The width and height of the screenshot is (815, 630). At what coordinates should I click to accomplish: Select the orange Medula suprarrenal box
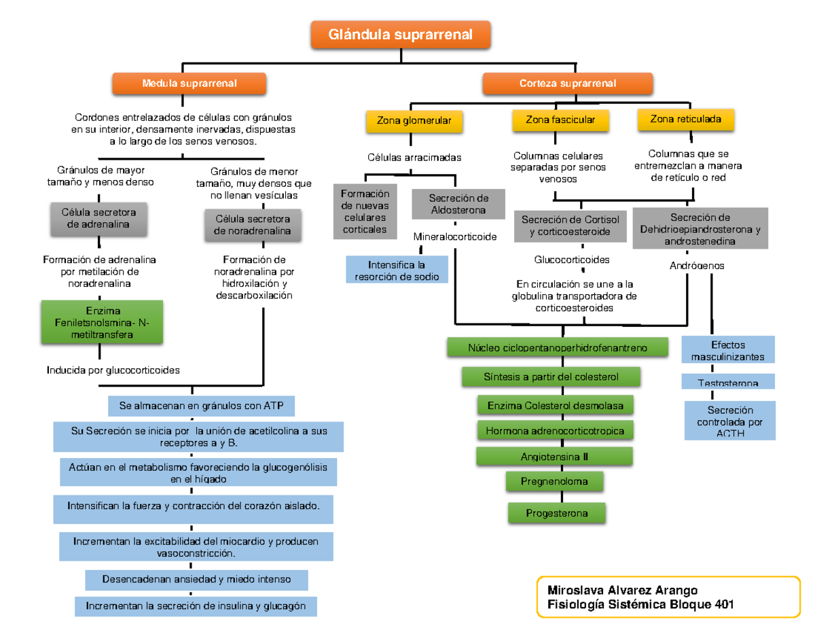[189, 84]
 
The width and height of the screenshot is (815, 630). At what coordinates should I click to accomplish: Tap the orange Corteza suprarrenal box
[568, 84]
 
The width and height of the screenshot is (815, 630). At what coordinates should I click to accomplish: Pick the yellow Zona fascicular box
[560, 120]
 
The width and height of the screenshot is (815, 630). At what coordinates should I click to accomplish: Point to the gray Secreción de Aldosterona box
[458, 204]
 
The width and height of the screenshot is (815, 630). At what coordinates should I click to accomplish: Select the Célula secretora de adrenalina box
[99, 218]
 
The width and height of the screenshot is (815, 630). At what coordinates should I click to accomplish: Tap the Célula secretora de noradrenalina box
[253, 225]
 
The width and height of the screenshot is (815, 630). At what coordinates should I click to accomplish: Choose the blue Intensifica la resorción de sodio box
[397, 270]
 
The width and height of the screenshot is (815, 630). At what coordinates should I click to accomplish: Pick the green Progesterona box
[557, 513]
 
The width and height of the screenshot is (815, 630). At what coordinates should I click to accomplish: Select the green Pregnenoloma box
[554, 481]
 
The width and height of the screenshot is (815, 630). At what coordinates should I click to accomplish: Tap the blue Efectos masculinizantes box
[727, 351]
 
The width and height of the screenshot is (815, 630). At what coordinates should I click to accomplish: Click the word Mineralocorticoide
[455, 237]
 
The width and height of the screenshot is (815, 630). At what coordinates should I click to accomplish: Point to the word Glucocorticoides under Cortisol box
[572, 260]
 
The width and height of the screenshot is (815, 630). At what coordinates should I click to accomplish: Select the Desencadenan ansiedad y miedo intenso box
[196, 580]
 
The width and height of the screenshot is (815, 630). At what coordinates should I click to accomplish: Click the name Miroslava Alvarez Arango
[617, 590]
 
